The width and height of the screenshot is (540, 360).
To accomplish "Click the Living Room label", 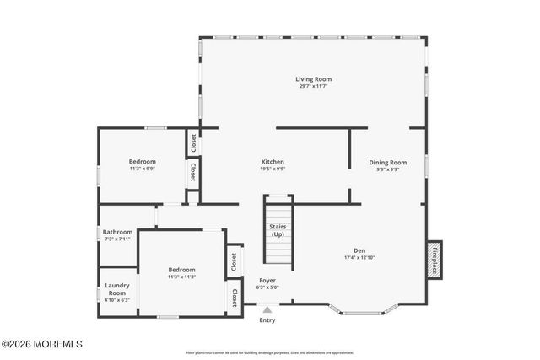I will [313, 79].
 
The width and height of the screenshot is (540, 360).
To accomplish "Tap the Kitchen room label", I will [273, 161].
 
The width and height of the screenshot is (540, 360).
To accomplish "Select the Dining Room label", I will [388, 162].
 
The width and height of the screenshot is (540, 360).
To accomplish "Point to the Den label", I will [359, 250].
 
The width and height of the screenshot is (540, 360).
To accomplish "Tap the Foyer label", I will [267, 280].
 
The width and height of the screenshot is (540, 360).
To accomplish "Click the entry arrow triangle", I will [267, 309].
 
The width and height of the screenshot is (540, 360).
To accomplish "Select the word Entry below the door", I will [267, 320].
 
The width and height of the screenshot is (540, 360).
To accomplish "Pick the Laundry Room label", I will [116, 289].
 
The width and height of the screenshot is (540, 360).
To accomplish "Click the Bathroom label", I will [117, 232].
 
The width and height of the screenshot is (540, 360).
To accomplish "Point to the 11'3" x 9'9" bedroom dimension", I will [142, 169].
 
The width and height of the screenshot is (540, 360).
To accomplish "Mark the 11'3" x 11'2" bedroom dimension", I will [181, 277].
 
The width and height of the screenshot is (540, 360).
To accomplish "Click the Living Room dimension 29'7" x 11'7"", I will [313, 86].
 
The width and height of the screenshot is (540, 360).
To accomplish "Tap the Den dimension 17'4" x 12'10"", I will [359, 257].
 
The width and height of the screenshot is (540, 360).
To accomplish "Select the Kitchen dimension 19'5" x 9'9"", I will [273, 169].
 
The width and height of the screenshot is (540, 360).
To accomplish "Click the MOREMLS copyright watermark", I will [41, 344].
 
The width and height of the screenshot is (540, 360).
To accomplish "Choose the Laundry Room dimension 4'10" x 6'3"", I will [116, 300].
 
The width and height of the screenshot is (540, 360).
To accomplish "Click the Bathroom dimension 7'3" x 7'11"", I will [117, 239].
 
